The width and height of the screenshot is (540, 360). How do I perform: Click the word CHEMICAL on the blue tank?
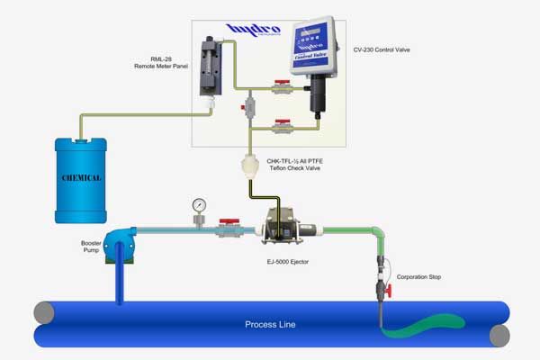coord(80,177)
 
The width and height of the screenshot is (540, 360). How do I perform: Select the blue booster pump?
coord(120,243)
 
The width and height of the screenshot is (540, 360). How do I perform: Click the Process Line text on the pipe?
coord(270,324)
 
